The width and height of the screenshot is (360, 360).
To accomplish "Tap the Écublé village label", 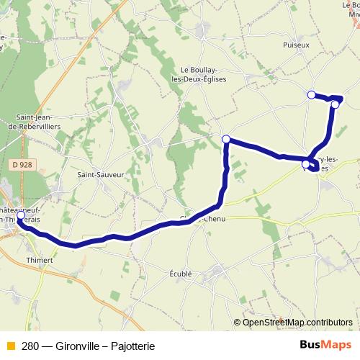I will (x=179, y=274).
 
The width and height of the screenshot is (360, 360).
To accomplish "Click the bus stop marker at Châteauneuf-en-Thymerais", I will (x=20, y=216).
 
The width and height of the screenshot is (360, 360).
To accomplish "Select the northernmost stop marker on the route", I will (x=311, y=95).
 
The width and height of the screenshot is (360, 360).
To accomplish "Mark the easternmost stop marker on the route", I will (x=335, y=104).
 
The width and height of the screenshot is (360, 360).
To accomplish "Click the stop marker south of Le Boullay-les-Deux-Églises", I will (x=226, y=139).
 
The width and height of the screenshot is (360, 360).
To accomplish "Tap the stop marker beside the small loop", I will (x=306, y=165).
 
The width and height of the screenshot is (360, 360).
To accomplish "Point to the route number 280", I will (x=30, y=346).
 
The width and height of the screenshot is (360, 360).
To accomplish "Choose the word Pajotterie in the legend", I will (x=133, y=346).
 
